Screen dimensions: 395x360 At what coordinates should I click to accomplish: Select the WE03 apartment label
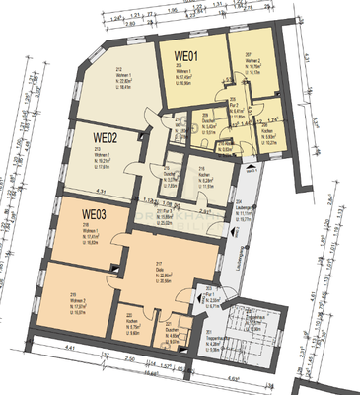(96, 213)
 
